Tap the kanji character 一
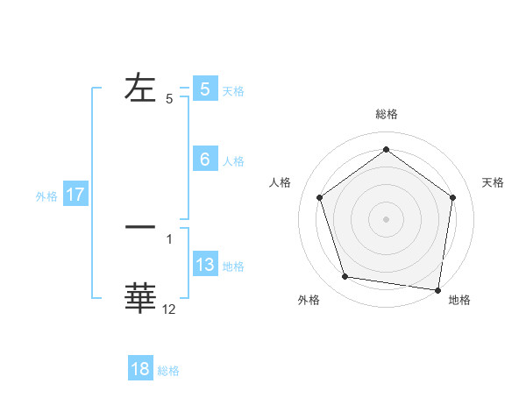pos(141,227)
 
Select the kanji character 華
pos(141,298)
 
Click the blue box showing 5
pos(204,89)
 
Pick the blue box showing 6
pos(204,160)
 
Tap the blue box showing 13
pos(204,265)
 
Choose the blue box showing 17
pos(75,195)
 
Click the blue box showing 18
pos(140,369)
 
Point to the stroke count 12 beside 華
pos(169,309)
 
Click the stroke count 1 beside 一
pos(169,238)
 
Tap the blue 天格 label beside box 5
pos(233,90)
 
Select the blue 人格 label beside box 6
pos(233,161)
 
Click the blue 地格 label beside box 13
pos(233,266)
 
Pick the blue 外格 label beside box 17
pos(46,196)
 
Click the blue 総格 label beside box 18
pos(168,371)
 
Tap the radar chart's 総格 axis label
pos(386,114)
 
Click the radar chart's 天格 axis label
pos(494,182)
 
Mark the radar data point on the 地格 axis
pos(437,289)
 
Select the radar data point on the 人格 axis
pos(319,197)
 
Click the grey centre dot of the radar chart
pos(386,218)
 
